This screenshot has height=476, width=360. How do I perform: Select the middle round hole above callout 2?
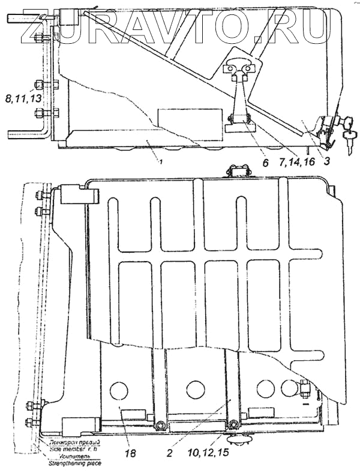pyautogui.click(x=195, y=389)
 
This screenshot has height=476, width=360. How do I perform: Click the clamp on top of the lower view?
pyautogui.click(x=236, y=172)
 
